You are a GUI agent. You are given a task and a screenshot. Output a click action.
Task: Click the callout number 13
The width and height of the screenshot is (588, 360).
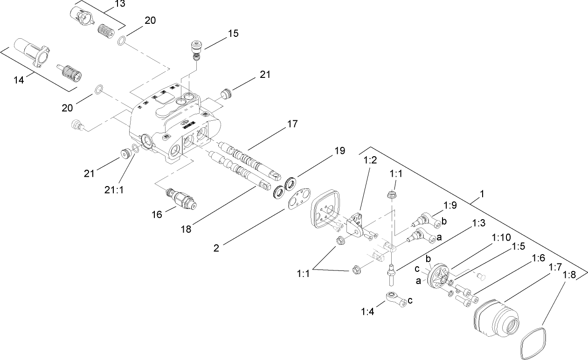tap(107, 5)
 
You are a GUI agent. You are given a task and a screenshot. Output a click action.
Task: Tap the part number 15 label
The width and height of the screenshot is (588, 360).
tap(233, 33)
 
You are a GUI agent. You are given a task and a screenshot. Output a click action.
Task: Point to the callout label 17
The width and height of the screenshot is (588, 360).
tap(292, 124)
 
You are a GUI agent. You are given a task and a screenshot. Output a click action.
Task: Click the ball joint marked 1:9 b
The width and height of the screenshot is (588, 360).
tap(427, 219)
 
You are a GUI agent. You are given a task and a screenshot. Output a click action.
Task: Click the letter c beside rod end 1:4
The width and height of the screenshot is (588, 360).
tap(410, 300)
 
